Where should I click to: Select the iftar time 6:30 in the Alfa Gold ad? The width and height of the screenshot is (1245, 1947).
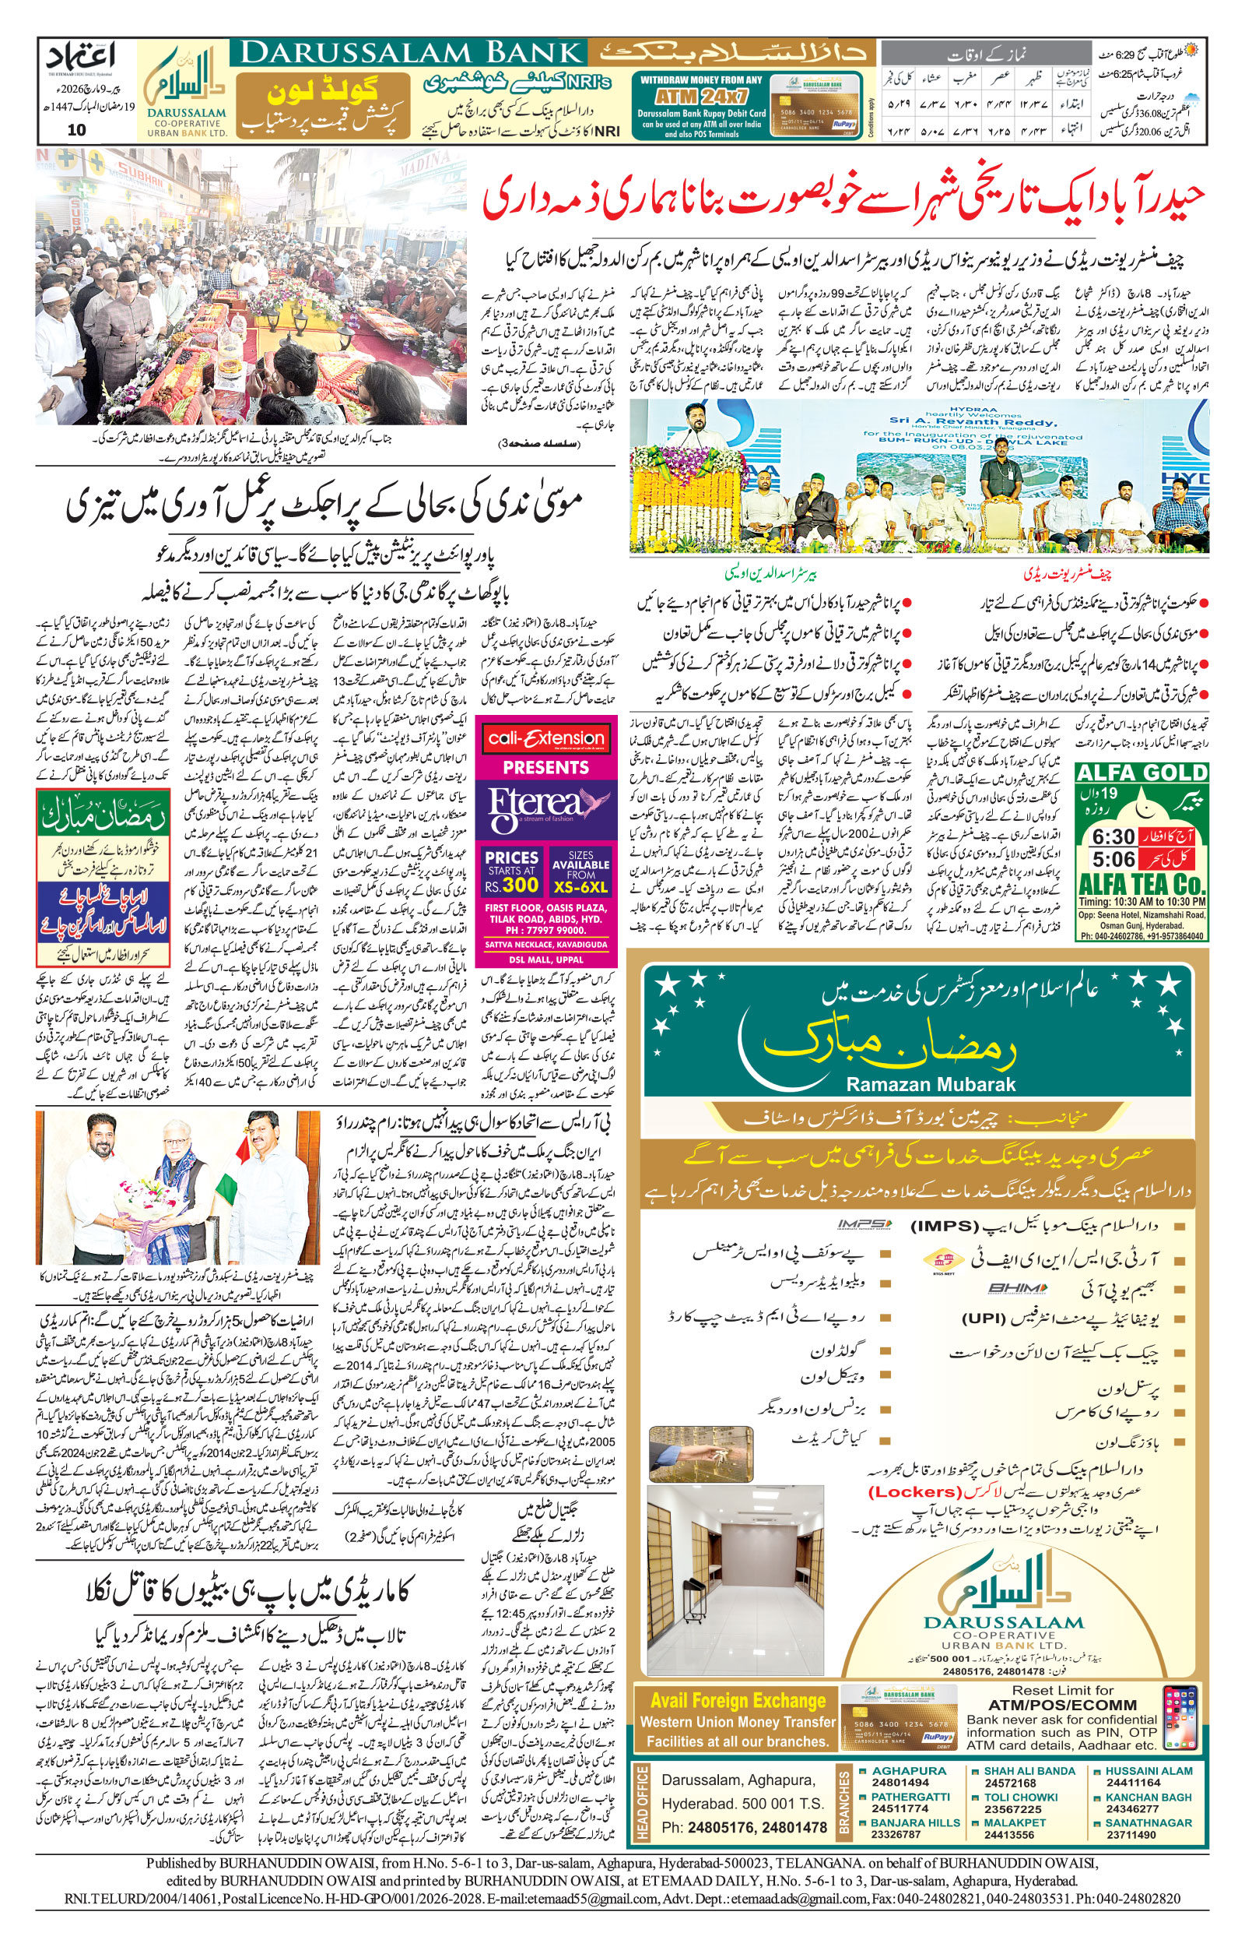(1113, 836)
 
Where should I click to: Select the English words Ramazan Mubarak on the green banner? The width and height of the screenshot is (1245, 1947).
(930, 1085)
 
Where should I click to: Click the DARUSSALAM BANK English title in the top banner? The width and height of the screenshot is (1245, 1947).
(411, 53)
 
